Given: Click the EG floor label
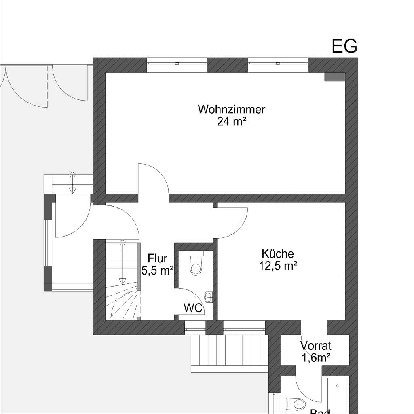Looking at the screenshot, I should pos(344,46).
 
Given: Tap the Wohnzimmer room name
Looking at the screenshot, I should pos(232,109).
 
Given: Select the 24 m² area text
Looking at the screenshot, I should pos(232,121).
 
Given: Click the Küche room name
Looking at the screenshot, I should pos(277,254).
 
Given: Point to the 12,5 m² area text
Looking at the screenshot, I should pos(277,266).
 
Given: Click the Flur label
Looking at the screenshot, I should pos(157,258).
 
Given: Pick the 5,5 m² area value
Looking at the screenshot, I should pos(157,270).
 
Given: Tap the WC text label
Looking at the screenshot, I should pos(193,308).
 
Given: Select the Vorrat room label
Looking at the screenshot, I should pos(316,346).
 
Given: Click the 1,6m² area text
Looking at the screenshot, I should pos(316,357).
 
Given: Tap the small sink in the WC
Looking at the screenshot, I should pos(209,297).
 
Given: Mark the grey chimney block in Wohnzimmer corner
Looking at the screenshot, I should pos(334,77).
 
